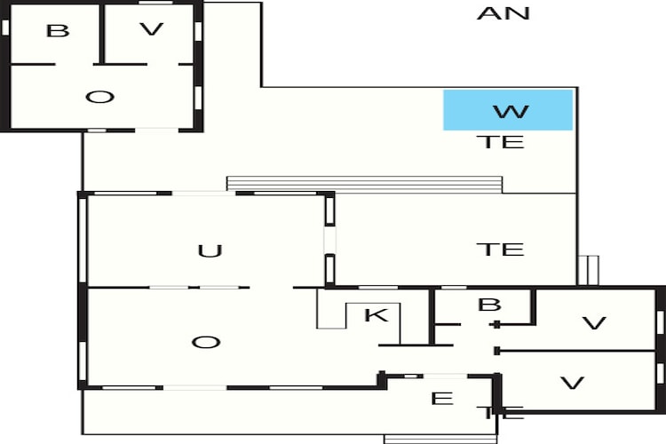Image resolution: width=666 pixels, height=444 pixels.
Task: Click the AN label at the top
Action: pos(503,13)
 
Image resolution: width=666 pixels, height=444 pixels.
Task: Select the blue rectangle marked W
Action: pos(508,110)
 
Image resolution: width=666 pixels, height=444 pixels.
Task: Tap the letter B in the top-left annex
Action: pos(58,31)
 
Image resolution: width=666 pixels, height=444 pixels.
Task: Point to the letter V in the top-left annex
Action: pos(152,29)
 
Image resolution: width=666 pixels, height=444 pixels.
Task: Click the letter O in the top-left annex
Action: pos(99,98)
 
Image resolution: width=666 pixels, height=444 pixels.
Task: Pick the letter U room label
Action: pos(210,251)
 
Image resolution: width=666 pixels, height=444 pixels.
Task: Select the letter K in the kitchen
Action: pos(377,315)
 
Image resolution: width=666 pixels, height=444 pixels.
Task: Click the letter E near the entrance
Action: pos(442,399)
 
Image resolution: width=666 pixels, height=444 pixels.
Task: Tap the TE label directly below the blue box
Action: pos(500,142)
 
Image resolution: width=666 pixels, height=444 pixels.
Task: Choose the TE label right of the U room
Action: pos(500,249)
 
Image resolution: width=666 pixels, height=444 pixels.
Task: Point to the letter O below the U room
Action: pos(206,342)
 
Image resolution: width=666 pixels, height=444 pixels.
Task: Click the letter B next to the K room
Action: pos(489,305)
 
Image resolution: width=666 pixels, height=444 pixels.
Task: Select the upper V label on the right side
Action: pos(594,323)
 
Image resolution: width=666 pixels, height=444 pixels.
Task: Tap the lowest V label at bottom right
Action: pos(573,384)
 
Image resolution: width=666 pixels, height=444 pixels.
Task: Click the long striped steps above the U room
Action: pos(364,185)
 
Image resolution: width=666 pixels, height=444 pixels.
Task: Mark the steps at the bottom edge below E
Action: pos(440,439)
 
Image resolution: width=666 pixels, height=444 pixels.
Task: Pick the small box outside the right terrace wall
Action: pos(588,271)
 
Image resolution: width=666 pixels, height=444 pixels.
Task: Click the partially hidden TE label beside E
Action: pos(504,413)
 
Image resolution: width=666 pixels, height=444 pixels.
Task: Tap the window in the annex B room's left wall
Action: pos(5,28)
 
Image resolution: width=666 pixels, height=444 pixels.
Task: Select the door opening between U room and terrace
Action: pos(329,240)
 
